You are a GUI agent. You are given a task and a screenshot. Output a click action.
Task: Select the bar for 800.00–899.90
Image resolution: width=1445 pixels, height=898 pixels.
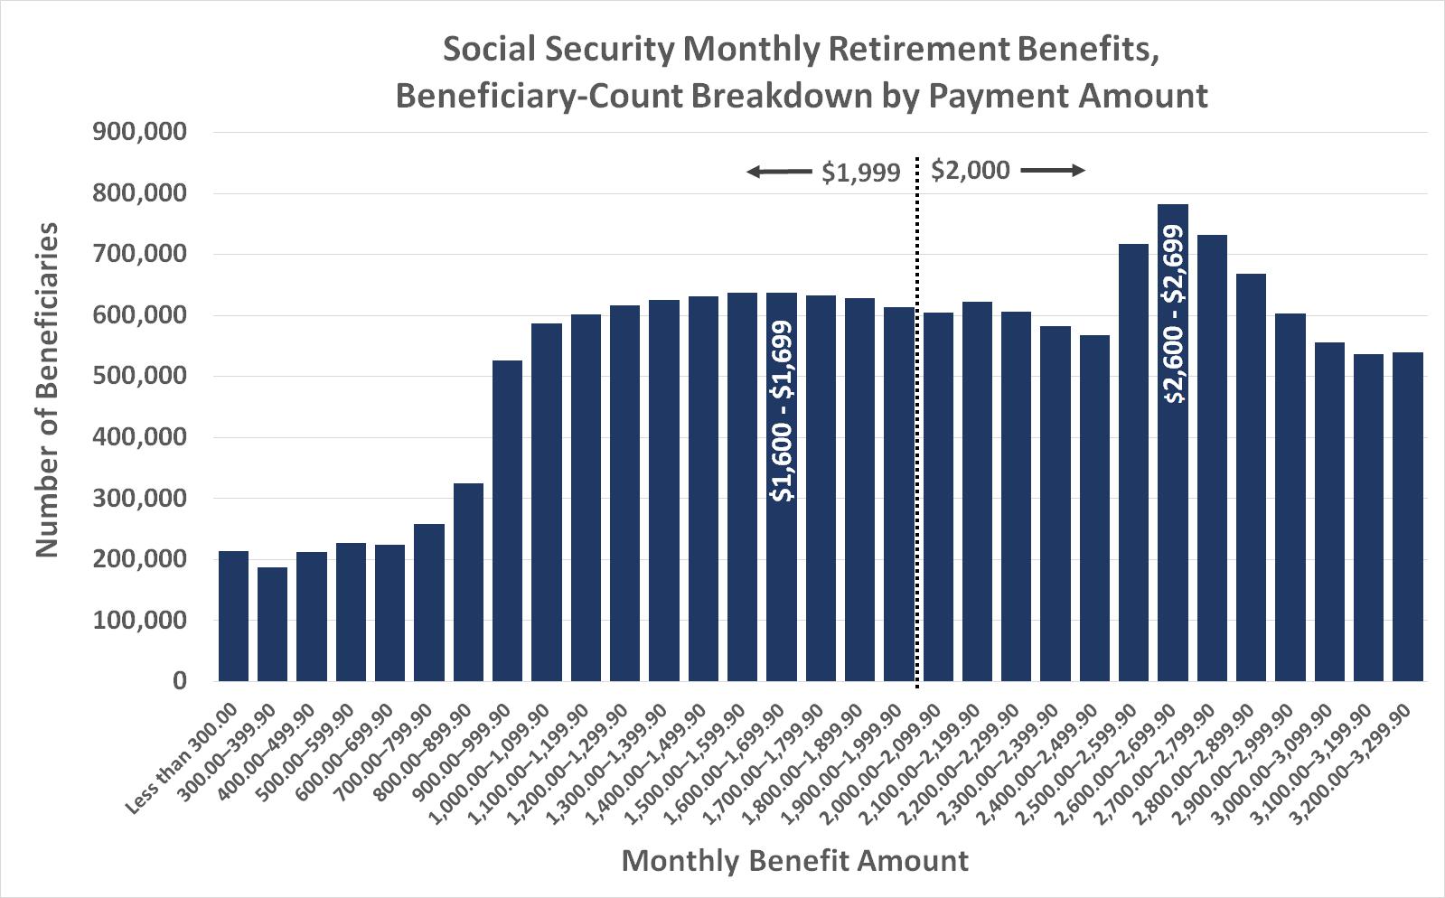tap(468, 582)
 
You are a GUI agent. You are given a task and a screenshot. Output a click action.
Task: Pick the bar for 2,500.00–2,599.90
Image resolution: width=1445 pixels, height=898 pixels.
tap(1133, 462)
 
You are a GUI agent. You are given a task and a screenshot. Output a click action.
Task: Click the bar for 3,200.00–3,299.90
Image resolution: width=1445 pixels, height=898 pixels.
tap(1407, 516)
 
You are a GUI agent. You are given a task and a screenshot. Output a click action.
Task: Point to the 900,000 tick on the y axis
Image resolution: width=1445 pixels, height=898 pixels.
tap(140, 133)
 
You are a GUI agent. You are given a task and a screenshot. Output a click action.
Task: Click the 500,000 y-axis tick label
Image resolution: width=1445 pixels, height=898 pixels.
tap(140, 376)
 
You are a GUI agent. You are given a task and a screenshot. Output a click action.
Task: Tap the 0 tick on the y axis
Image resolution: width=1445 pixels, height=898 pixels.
tap(180, 680)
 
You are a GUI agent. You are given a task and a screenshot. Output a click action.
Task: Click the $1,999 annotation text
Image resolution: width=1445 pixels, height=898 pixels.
tap(860, 173)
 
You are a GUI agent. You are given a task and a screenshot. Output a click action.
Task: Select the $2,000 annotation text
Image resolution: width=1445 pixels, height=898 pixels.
tap(970, 170)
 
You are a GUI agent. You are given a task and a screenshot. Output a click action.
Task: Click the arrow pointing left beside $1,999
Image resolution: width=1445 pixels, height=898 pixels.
tap(778, 172)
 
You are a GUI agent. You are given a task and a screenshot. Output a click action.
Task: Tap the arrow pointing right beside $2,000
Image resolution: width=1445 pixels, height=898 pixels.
tap(1052, 170)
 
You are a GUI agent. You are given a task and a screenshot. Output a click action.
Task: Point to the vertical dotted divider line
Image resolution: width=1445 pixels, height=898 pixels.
tap(917, 425)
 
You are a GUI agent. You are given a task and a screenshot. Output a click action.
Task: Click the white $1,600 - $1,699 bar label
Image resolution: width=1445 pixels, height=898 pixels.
tap(782, 411)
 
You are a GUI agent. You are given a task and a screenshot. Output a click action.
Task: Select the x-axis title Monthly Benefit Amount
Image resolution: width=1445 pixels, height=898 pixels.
tap(794, 860)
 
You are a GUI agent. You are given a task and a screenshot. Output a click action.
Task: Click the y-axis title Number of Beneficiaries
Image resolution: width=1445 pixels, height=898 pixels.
tap(47, 390)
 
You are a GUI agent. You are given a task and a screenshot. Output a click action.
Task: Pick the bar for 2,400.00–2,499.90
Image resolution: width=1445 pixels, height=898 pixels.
tap(1094, 507)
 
